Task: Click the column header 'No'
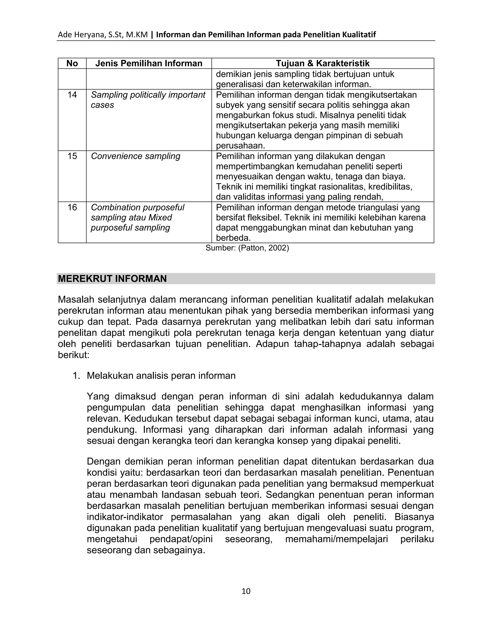72,64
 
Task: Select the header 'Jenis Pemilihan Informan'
149,64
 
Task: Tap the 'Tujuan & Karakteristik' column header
322,64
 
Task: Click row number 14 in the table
72,95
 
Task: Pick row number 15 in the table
72,156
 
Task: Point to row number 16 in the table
72,208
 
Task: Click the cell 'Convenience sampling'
135,156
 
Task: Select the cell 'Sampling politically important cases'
148,100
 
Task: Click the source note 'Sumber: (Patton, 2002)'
247,248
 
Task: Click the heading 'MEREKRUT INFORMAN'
112,279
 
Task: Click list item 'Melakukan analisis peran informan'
161,376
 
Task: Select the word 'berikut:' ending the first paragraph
74,355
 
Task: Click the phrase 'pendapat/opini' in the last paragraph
181,539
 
